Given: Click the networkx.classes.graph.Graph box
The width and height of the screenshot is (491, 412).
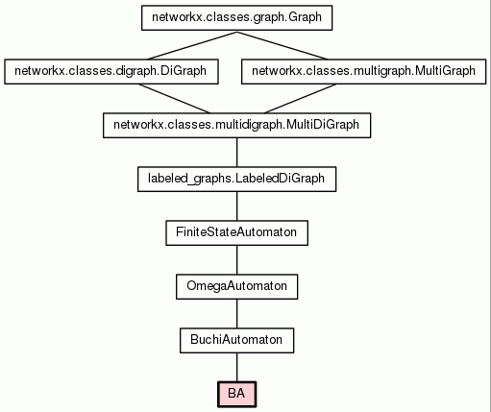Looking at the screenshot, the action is pyautogui.click(x=237, y=18).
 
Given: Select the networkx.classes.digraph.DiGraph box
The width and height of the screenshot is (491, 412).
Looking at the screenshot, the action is pyautogui.click(x=111, y=72).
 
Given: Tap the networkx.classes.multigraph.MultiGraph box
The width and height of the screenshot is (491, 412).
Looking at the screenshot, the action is pyautogui.click(x=363, y=72).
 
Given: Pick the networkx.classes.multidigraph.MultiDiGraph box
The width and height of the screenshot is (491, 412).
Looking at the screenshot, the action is pyautogui.click(x=237, y=126).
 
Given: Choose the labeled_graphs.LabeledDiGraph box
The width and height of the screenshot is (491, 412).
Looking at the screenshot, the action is pyautogui.click(x=237, y=180).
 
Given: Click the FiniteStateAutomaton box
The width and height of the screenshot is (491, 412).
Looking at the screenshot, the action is pyautogui.click(x=237, y=233).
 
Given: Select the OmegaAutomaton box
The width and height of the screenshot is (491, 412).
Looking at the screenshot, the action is pyautogui.click(x=237, y=287).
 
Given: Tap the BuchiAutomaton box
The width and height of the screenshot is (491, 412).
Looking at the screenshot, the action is pyautogui.click(x=237, y=341).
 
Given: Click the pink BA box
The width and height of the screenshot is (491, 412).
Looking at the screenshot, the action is pyautogui.click(x=237, y=395).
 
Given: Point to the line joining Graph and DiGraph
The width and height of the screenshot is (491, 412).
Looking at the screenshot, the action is pyautogui.click(x=192, y=45).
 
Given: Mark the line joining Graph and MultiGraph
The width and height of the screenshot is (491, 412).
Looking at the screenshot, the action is pyautogui.click(x=282, y=45).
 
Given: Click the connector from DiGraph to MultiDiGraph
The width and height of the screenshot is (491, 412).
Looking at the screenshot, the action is pyautogui.click(x=174, y=99).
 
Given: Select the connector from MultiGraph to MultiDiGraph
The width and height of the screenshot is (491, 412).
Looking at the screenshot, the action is pyautogui.click(x=300, y=99).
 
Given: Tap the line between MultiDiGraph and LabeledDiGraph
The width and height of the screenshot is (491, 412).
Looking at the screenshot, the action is pyautogui.click(x=237, y=153).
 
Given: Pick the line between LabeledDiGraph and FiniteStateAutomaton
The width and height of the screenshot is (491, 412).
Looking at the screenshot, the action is pyautogui.click(x=237, y=206).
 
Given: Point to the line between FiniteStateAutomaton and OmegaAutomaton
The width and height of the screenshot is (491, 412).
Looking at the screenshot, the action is pyautogui.click(x=237, y=260).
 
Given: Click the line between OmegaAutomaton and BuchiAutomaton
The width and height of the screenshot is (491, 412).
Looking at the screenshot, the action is pyautogui.click(x=237, y=314).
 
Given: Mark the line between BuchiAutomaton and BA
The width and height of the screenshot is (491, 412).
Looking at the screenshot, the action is pyautogui.click(x=237, y=368).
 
